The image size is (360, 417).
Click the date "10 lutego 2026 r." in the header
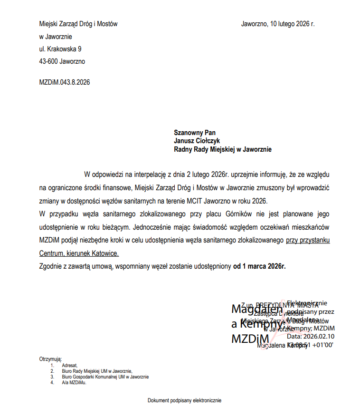(x=292, y=23)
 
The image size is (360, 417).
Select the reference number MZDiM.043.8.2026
(x=64, y=82)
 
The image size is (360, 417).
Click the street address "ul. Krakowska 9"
(x=60, y=49)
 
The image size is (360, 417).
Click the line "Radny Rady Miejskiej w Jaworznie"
(x=223, y=149)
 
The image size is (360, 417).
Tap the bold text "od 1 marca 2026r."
(x=259, y=266)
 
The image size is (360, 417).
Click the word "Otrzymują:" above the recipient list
(x=50, y=359)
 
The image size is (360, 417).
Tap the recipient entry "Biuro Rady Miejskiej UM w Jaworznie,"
(x=97, y=371)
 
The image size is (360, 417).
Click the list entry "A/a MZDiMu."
(x=74, y=382)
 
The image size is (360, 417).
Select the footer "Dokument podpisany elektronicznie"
(x=184, y=400)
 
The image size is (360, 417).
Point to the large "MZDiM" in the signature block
(x=250, y=339)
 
